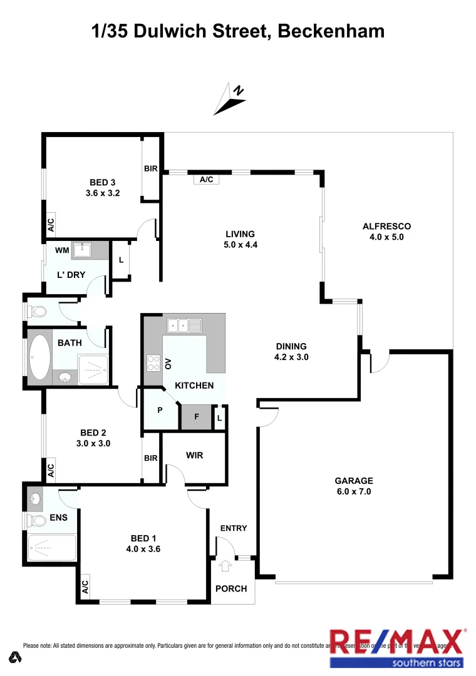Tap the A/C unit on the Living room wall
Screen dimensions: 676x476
[207, 180]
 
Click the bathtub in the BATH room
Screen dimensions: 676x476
[39, 358]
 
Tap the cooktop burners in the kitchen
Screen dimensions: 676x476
[153, 363]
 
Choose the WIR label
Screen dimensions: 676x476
[194, 456]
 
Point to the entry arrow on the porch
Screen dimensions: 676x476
[225, 566]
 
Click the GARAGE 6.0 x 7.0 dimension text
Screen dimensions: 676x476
[353, 492]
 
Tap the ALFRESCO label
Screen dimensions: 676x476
[386, 227]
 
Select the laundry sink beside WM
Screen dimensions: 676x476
[82, 250]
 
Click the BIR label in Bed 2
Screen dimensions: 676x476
[151, 458]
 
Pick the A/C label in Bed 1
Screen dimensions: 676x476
[85, 587]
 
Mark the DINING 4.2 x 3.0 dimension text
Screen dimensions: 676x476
[291, 357]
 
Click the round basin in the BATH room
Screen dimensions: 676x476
[65, 377]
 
